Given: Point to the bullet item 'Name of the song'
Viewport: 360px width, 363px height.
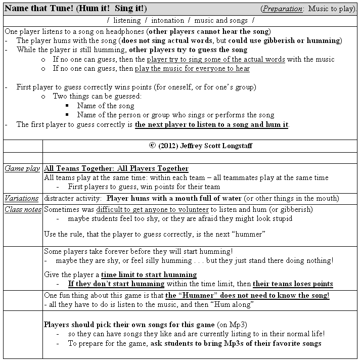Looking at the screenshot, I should (x=105, y=106).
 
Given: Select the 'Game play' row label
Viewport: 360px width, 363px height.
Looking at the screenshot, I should (x=22, y=169).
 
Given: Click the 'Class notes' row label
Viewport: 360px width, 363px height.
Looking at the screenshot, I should (x=22, y=209).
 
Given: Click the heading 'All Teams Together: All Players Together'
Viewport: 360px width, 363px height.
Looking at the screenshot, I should (x=116, y=169).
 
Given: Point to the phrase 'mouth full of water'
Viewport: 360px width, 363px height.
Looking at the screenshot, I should (x=215, y=198).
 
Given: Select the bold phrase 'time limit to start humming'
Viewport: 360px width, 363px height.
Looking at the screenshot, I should (x=149, y=275).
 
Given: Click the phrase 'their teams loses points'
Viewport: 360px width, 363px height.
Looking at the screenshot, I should (x=293, y=284).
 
